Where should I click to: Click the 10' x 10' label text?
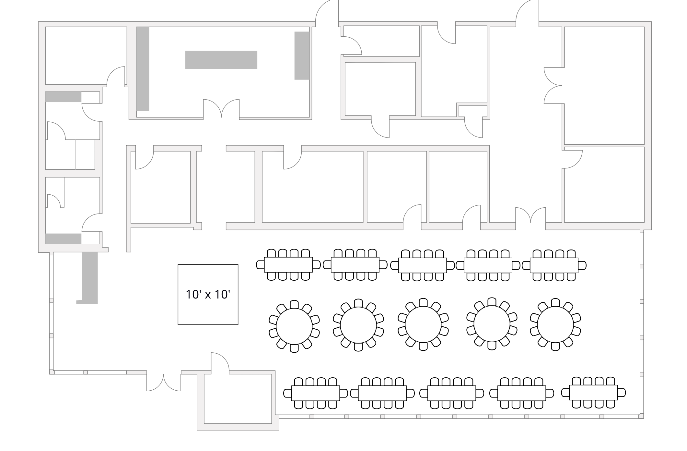[x=208, y=294]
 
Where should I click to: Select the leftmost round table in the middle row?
[x=294, y=326]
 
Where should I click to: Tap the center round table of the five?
[x=423, y=324]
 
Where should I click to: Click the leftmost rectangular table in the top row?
[x=288, y=265]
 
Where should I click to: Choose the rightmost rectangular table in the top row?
[x=554, y=265]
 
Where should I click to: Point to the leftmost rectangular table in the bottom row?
[x=315, y=393]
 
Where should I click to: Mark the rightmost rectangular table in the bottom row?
[x=593, y=393]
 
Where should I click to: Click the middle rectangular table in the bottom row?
[x=451, y=393]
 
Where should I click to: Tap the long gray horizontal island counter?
[x=221, y=60]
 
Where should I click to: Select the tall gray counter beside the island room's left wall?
[x=143, y=69]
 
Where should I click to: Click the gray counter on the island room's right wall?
[x=301, y=55]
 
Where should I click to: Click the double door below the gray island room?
[x=221, y=109]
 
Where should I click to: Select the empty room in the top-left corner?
[x=86, y=55]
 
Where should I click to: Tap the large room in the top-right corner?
[x=604, y=85]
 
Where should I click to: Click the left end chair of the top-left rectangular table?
[x=260, y=265]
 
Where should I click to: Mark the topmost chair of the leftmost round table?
[x=294, y=304]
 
